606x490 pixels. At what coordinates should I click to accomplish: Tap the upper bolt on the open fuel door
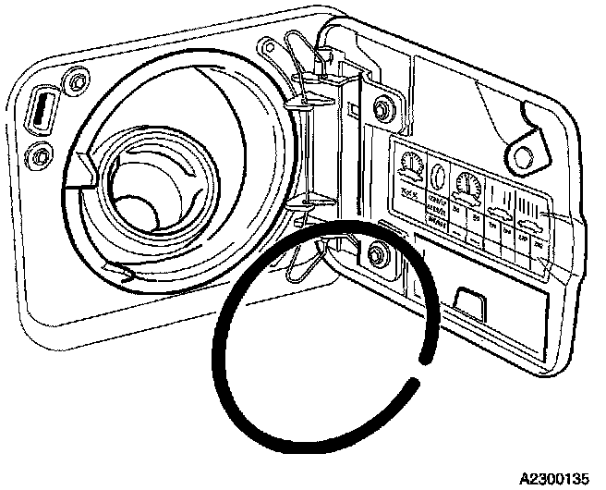click(x=380, y=111)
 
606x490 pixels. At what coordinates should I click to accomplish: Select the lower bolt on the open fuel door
click(x=376, y=251)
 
